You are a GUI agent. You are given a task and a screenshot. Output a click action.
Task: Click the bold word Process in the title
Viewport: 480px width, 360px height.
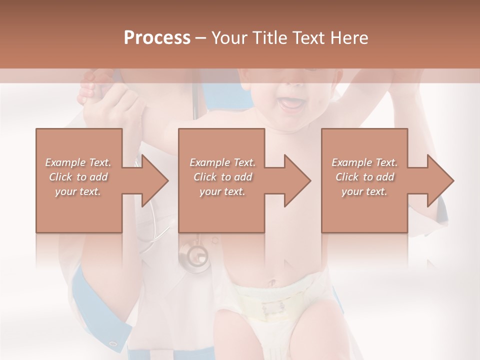157,37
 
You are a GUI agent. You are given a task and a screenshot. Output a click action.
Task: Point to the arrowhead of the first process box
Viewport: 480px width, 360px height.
155,180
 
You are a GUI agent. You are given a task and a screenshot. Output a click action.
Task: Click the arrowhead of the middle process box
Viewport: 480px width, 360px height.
298,180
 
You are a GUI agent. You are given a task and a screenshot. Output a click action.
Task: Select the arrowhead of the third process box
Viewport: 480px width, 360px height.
441,180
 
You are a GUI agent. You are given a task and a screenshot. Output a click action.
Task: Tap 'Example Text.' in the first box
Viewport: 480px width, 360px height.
78,162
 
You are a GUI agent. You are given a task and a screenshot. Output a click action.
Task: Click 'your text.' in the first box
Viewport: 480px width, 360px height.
78,191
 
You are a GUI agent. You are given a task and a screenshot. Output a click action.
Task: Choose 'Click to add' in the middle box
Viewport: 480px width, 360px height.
222,177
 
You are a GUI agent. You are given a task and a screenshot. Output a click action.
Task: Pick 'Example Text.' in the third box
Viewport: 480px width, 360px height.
364,162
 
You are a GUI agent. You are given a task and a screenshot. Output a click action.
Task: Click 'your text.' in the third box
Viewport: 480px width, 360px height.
364,191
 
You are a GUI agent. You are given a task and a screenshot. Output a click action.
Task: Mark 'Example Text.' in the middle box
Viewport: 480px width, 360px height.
222,162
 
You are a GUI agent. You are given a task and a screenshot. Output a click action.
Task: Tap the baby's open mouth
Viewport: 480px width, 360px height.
290,103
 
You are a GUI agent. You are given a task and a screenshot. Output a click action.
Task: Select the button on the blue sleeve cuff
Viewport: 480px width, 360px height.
113,343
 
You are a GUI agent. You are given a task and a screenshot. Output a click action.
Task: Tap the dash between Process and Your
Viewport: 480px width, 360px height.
201,37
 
